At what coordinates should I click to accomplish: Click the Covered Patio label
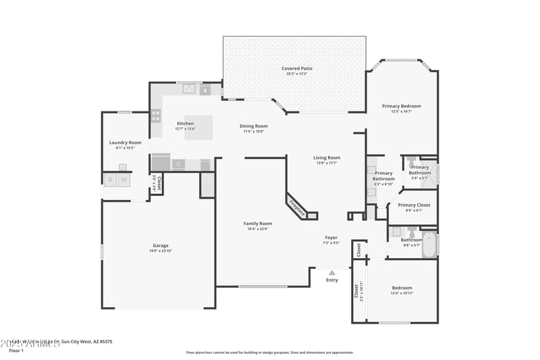(297, 68)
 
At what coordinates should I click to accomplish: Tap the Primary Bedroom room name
(401, 106)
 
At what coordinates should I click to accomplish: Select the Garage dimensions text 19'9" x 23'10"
(160, 251)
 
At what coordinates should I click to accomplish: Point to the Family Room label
(257, 224)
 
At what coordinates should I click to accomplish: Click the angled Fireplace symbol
(297, 208)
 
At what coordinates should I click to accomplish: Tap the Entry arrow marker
(331, 273)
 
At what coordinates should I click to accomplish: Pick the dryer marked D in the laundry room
(110, 180)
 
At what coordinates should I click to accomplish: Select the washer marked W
(124, 180)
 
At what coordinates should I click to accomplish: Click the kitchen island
(198, 127)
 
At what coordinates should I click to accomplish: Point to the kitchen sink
(190, 88)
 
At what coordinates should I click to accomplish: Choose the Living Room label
(327, 157)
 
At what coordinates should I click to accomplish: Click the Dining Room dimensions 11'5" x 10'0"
(254, 131)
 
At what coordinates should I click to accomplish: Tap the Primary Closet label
(414, 205)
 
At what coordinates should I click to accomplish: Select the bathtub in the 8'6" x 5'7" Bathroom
(430, 244)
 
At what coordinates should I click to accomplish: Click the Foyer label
(331, 237)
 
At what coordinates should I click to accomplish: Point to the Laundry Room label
(125, 143)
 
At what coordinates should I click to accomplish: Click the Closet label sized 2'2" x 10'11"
(356, 291)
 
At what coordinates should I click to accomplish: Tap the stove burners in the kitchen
(156, 115)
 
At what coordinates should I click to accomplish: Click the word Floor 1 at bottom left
(16, 351)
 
